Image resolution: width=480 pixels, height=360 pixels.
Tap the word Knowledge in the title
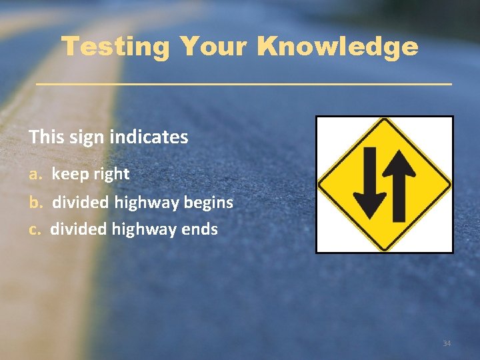[337, 47]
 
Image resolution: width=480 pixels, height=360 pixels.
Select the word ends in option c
[199, 229]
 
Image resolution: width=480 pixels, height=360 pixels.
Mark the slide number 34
[447, 343]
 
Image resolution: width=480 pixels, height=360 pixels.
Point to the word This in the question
[45, 137]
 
